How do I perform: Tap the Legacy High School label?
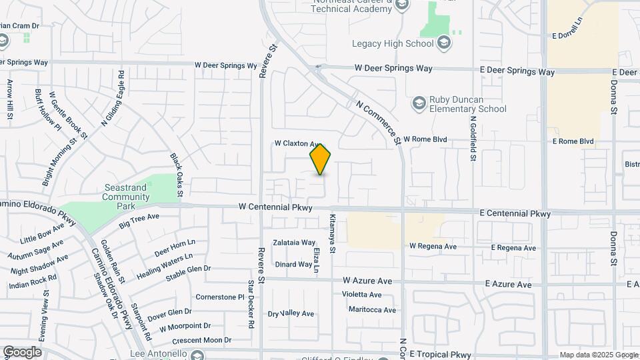[x=393, y=44]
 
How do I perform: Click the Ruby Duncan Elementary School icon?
[x=419, y=103]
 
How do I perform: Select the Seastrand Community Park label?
[x=125, y=192]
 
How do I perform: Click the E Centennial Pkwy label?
[x=515, y=214]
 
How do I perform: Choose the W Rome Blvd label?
[x=423, y=140]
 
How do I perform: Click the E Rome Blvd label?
[x=573, y=141]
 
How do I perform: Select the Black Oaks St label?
[x=176, y=175]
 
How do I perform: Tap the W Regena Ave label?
[x=433, y=247]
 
